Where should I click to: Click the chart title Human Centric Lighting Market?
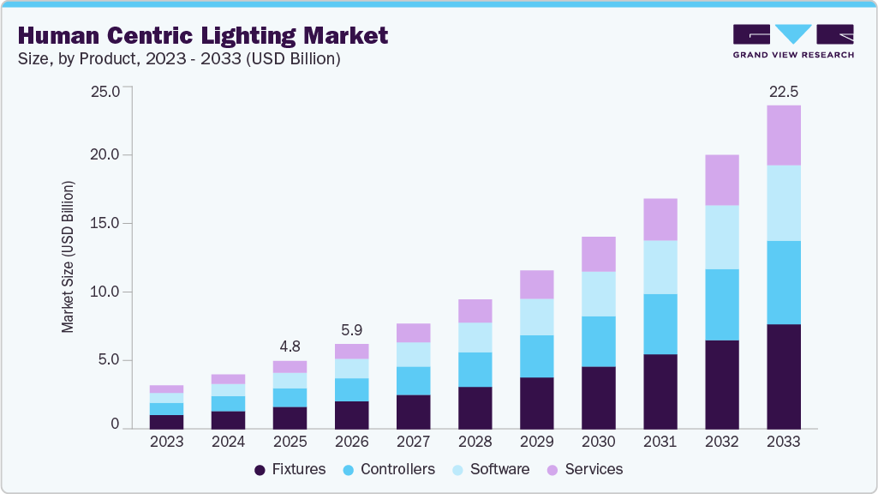point(203,35)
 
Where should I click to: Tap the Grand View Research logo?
point(792,40)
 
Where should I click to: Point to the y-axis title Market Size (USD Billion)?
point(68,257)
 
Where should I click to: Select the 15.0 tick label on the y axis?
point(105,224)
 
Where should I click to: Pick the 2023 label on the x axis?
point(166,442)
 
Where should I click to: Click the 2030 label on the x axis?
point(598,442)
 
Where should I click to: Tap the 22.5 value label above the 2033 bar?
point(783,91)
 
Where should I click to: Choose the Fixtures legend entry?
point(290,469)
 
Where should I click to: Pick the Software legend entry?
point(491,469)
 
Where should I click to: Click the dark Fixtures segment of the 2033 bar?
point(783,377)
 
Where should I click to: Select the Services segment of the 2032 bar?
point(721,180)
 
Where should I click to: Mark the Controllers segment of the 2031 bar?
point(660,324)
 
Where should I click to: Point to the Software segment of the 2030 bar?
point(598,294)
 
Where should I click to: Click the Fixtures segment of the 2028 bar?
point(475,407)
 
